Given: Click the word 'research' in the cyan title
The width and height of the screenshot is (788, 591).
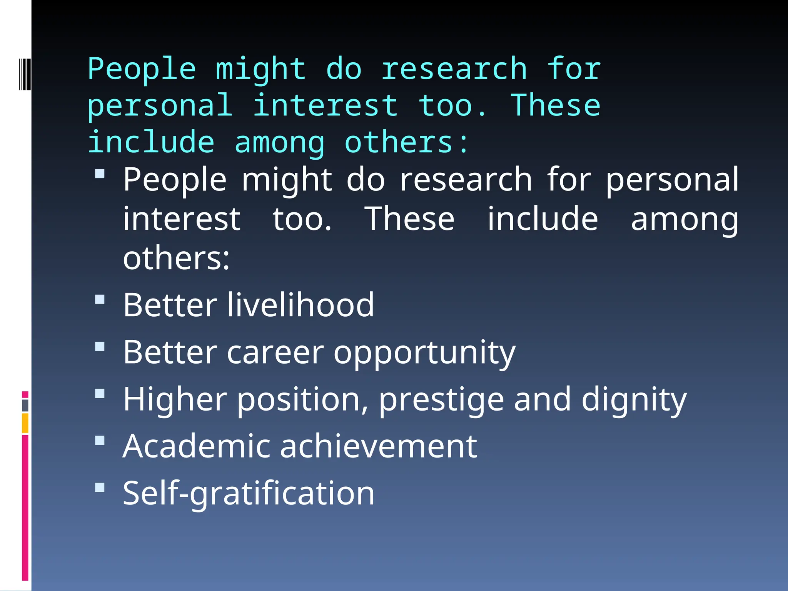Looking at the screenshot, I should [x=454, y=69].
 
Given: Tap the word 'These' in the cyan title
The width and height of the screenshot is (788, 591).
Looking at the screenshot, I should [x=555, y=105].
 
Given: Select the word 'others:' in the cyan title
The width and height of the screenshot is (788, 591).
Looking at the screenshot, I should [x=406, y=142].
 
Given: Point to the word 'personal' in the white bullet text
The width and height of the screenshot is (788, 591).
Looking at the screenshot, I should [x=672, y=180].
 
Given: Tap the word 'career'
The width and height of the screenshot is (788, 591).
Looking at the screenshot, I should [x=275, y=352].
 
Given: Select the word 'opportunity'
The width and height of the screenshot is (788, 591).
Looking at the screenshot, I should [x=424, y=353].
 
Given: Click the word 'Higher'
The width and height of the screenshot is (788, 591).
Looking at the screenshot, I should [x=175, y=399].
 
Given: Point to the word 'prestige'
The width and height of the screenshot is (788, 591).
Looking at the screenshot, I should [x=441, y=400].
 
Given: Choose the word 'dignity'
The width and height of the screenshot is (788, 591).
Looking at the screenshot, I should [x=634, y=400].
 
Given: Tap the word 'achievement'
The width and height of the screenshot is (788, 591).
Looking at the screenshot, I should [x=378, y=446].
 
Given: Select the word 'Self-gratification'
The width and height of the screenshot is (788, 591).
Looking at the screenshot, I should [x=249, y=493].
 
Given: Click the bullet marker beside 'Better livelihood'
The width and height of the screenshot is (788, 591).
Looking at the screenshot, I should [x=100, y=299].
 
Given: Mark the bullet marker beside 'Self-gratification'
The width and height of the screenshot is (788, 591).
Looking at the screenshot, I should [x=100, y=487].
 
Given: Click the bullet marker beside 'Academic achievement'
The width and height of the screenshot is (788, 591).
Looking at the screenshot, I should [x=100, y=440].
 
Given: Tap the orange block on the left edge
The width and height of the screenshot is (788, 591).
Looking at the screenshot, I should [x=25, y=423].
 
